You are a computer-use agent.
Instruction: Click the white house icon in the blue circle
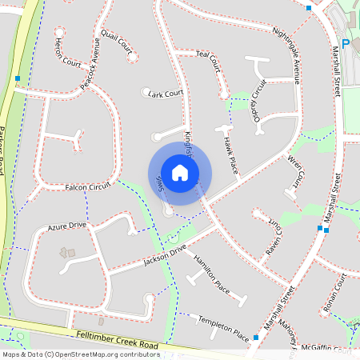click(x=180, y=173)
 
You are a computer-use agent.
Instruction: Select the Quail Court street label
click(x=117, y=47)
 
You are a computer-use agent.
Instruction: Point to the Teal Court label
click(x=209, y=58)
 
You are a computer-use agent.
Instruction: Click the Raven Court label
click(x=272, y=239)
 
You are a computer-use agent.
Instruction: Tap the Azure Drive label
click(x=67, y=226)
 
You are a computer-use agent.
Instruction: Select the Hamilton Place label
click(x=213, y=280)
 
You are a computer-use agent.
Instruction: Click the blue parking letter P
click(x=345, y=46)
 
